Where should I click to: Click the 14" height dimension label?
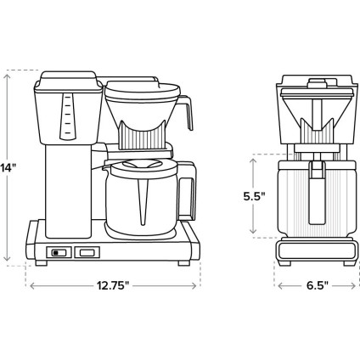(8, 168)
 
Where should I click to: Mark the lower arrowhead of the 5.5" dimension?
(254, 233)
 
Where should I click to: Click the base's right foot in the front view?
(183, 264)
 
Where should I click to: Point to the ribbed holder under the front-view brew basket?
(142, 136)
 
